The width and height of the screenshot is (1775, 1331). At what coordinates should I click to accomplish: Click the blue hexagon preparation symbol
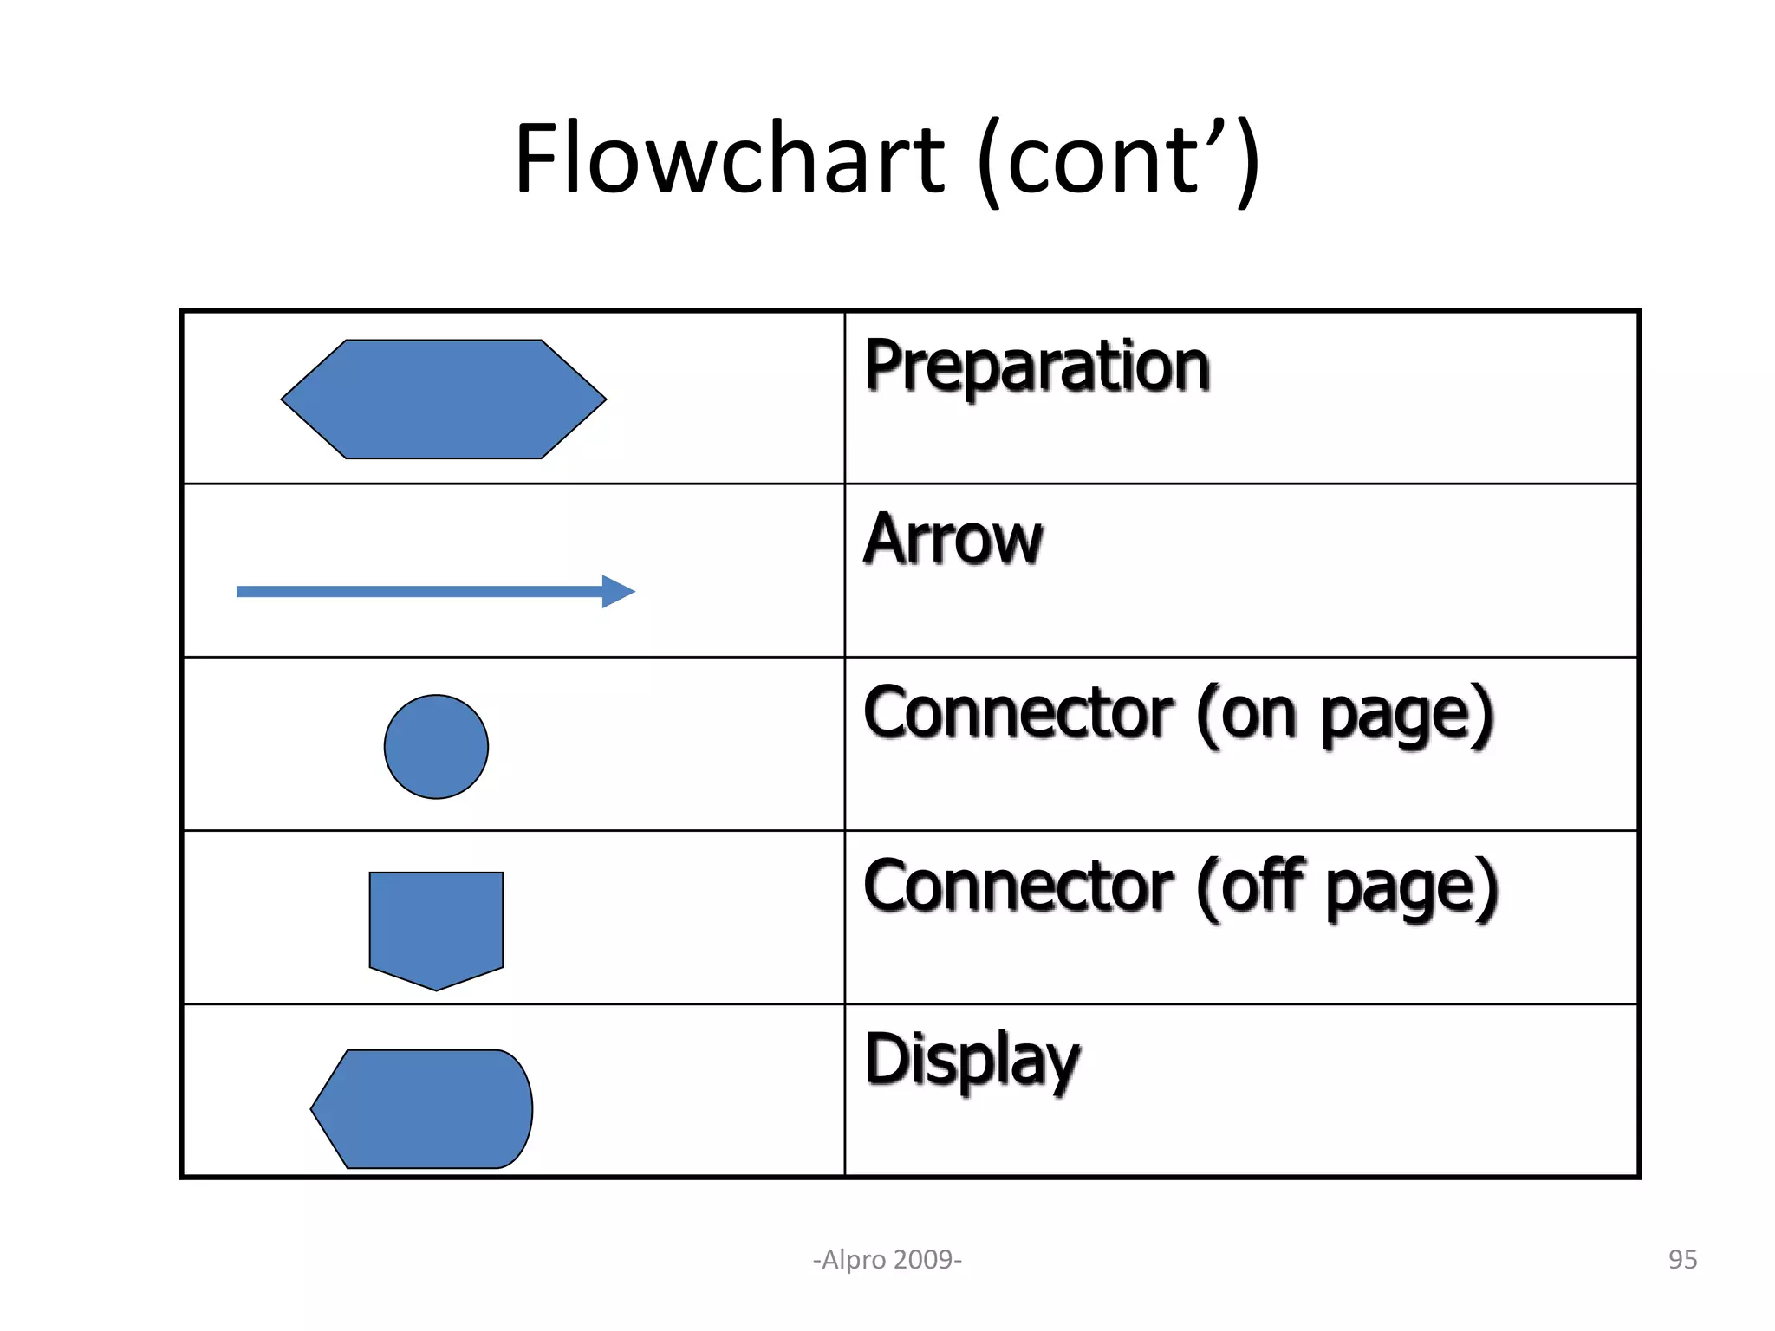444,399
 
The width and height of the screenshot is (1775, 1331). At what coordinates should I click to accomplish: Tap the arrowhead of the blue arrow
619,592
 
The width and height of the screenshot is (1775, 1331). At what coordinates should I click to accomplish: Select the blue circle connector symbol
436,747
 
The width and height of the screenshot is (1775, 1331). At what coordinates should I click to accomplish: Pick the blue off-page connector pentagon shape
436,924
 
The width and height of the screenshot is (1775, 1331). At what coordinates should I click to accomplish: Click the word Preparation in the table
1037,367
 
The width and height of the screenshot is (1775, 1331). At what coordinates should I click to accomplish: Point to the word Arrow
953,540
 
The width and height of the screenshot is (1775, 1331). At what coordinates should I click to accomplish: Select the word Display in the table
972,1061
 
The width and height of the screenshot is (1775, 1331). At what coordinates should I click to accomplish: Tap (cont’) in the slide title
1118,161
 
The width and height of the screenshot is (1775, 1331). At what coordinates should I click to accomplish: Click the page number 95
1682,1259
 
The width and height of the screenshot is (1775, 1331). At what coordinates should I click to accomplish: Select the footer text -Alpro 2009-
887,1259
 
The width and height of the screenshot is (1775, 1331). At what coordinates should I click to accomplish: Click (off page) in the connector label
1348,888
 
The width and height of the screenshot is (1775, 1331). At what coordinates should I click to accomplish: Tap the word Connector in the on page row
1018,713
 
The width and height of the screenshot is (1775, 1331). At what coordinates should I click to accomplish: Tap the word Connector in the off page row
1018,886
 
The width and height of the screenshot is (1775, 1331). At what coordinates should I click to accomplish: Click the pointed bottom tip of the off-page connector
436,989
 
